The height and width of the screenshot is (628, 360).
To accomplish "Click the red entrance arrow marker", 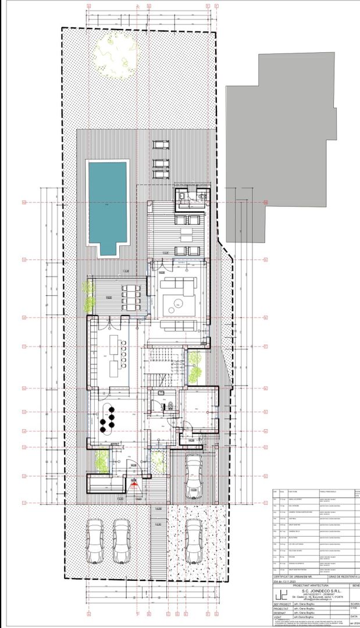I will pyautogui.click(x=134, y=484).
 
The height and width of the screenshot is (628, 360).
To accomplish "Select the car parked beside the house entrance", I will pyautogui.click(x=193, y=477).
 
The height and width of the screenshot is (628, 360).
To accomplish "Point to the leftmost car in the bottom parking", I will pyautogui.click(x=96, y=541).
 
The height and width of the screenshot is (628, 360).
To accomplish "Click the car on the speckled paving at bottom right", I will pyautogui.click(x=194, y=541).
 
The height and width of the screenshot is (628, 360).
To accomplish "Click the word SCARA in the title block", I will pyautogui.click(x=354, y=604).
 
